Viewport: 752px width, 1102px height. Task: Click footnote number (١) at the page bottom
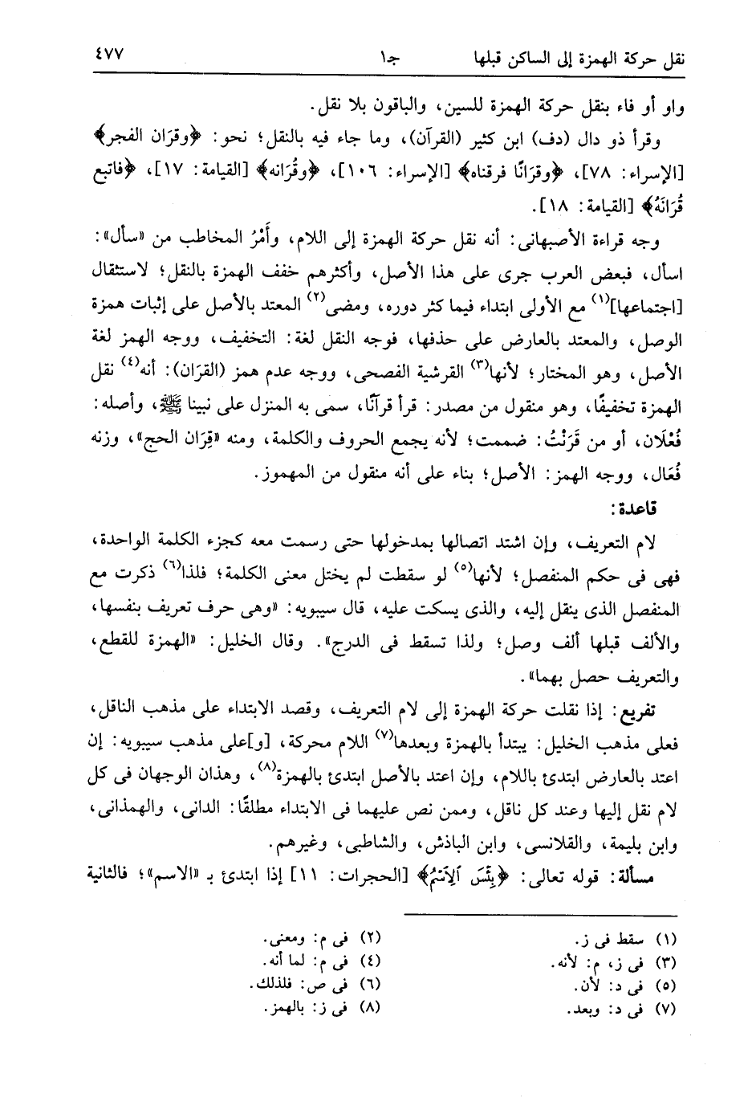click(x=667, y=940)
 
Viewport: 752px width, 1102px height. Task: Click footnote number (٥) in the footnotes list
click(x=667, y=985)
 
